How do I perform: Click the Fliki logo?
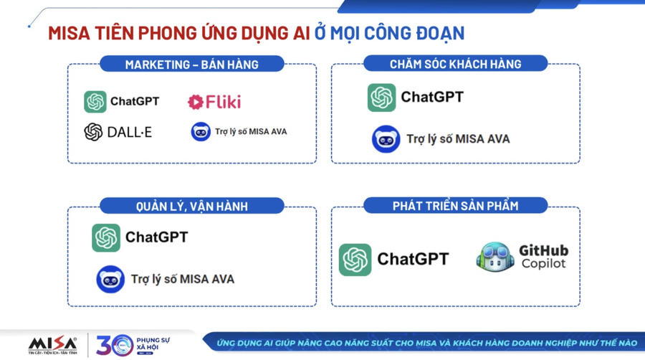click(214, 102)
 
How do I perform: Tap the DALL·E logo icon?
click(93, 132)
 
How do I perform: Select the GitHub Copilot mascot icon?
click(495, 257)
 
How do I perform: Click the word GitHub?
click(543, 250)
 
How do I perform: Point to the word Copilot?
click(543, 263)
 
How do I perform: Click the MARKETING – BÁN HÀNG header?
click(191, 65)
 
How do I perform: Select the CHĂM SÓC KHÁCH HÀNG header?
click(455, 64)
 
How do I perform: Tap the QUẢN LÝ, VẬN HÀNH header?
click(191, 206)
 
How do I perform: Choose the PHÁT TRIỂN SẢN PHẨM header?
click(455, 206)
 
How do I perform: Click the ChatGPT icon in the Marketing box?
click(95, 102)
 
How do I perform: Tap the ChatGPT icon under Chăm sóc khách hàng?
click(381, 98)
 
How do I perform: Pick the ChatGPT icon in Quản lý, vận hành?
click(106, 238)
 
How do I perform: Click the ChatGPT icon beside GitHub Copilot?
click(355, 260)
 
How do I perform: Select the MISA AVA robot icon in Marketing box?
click(201, 132)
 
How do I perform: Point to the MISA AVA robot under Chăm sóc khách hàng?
click(386, 139)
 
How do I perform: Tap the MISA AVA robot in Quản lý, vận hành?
click(110, 280)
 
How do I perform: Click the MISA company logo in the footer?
click(52, 345)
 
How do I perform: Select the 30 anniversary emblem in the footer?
click(115, 345)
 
